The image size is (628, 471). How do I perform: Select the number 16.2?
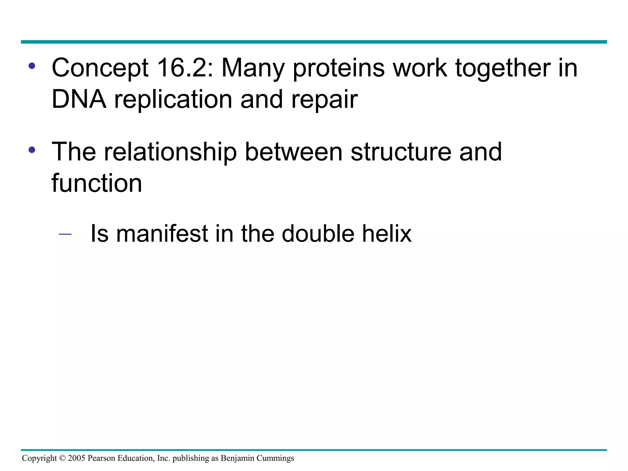pyautogui.click(x=185, y=68)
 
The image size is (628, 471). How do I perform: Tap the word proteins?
pyautogui.click(x=339, y=68)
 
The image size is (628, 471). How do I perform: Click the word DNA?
pyautogui.click(x=79, y=99)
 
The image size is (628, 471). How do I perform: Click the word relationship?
pyautogui.click(x=170, y=152)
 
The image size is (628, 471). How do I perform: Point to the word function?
pyautogui.click(x=97, y=183)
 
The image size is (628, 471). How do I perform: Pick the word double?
pyautogui.click(x=318, y=234)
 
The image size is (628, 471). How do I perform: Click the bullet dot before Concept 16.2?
pyautogui.click(x=32, y=66)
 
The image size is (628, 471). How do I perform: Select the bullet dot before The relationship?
pyautogui.click(x=32, y=150)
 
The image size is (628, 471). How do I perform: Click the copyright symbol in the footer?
pyautogui.click(x=62, y=458)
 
